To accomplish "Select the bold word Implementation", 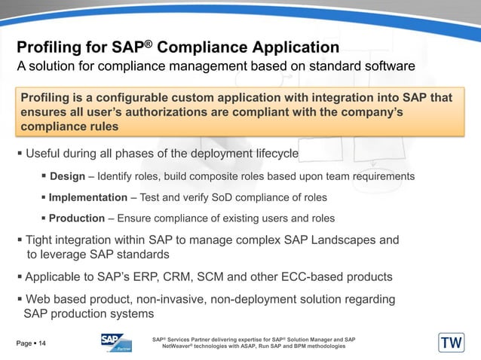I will tap(87, 197).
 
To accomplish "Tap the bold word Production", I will tap(76, 218).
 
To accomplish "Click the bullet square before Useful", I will tap(20, 155).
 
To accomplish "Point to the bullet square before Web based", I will tap(20, 300).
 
